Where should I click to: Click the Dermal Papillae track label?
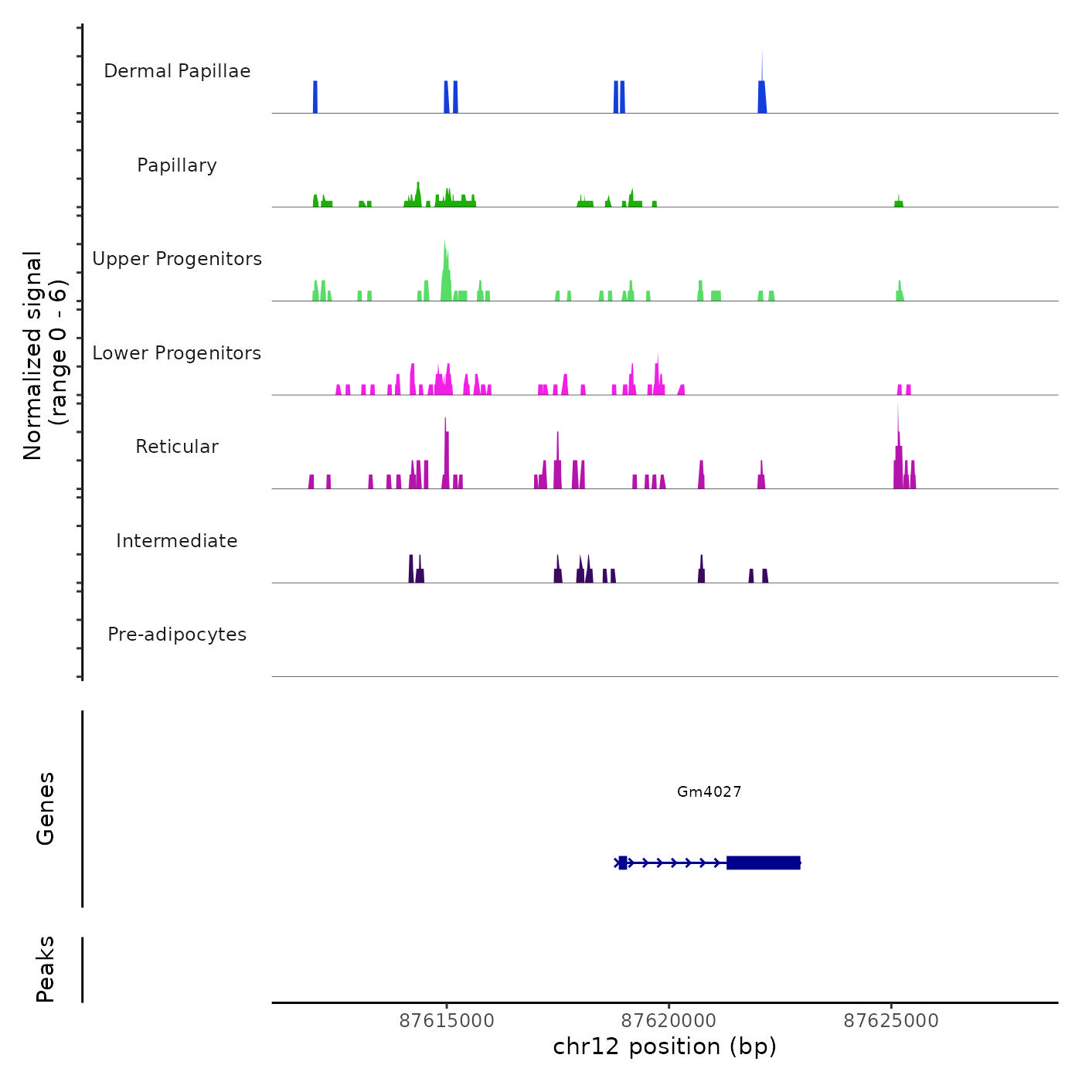click(177, 71)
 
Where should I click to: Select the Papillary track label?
click(177, 165)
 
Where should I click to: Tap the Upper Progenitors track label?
click(177, 259)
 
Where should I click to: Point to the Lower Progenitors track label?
click(177, 353)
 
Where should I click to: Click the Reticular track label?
click(177, 447)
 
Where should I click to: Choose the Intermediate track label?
click(177, 541)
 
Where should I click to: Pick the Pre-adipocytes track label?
click(177, 635)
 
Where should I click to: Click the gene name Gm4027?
click(709, 791)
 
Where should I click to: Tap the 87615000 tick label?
click(447, 1021)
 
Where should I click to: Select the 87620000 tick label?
click(669, 1021)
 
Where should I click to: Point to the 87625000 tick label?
click(891, 1021)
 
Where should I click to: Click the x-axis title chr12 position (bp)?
click(665, 1046)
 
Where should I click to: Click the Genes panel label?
click(45, 808)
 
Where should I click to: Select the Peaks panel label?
click(45, 969)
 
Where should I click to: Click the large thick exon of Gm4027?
click(763, 863)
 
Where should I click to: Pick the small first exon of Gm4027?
click(622, 863)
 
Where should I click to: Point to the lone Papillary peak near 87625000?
click(899, 202)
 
